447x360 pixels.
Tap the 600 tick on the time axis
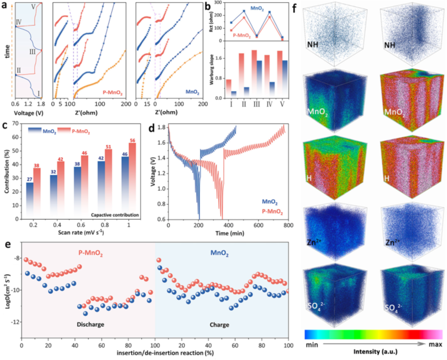pos(256,226)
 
